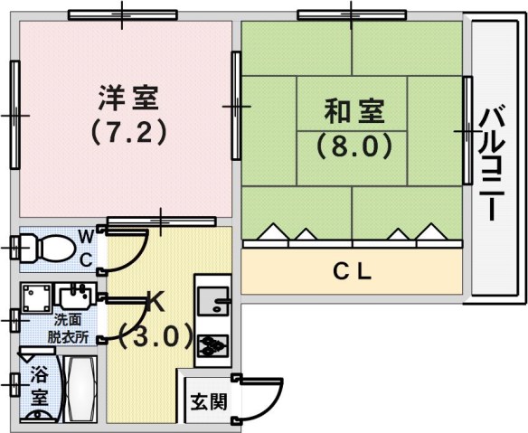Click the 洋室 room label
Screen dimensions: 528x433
pos(128,98)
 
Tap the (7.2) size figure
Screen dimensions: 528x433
pos(129,132)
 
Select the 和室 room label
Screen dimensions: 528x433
pos(354,110)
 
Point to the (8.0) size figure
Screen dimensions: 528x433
pos(354,146)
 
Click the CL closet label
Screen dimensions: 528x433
pos(353,272)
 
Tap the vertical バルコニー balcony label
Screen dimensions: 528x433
pos(493,164)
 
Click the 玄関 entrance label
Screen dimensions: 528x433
pos(209,401)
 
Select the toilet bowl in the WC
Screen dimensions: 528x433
pos(43,249)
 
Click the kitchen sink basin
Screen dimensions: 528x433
pos(212,300)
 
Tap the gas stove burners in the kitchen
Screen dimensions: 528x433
pos(212,345)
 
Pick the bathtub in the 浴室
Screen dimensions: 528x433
pos(80,390)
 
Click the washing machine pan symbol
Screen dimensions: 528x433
pos(36,297)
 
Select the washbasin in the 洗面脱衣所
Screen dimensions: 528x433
pos(75,296)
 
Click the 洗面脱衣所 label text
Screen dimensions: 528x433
pos(68,329)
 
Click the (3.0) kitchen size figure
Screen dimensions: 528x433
pos(156,335)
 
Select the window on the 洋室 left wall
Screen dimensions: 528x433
pos(15,115)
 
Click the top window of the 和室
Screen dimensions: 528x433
pos(352,15)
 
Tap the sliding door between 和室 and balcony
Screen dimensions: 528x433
pos(467,130)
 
